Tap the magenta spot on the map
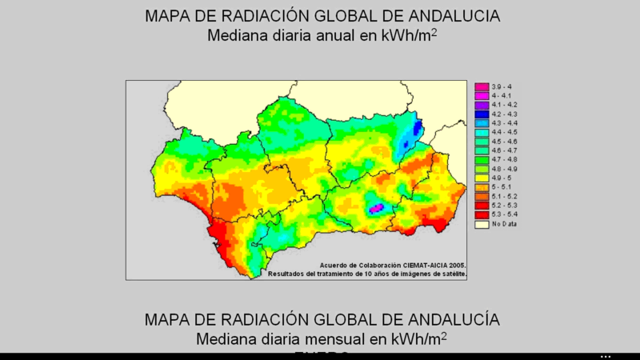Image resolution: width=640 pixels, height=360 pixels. [375, 209]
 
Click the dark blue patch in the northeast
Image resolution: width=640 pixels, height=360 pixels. [417, 128]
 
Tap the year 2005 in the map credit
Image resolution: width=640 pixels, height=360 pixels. [457, 265]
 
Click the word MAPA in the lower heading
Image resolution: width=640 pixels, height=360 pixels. [166, 319]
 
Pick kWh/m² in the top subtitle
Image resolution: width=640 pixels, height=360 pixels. [406, 36]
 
